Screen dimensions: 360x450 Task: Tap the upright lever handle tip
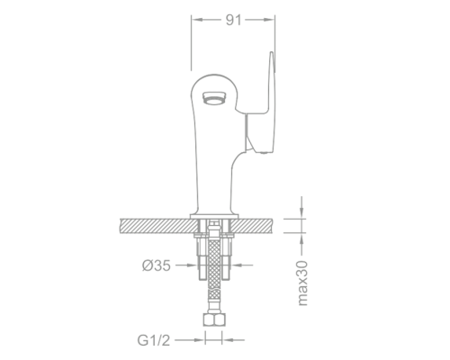pyautogui.click(x=270, y=58)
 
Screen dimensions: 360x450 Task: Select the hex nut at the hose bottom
pyautogui.click(x=213, y=319)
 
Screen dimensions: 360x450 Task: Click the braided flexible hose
pyautogui.click(x=213, y=270)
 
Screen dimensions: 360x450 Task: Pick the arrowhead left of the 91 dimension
pyautogui.click(x=197, y=18)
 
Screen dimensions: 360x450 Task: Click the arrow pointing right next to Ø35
pyautogui.click(x=187, y=266)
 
